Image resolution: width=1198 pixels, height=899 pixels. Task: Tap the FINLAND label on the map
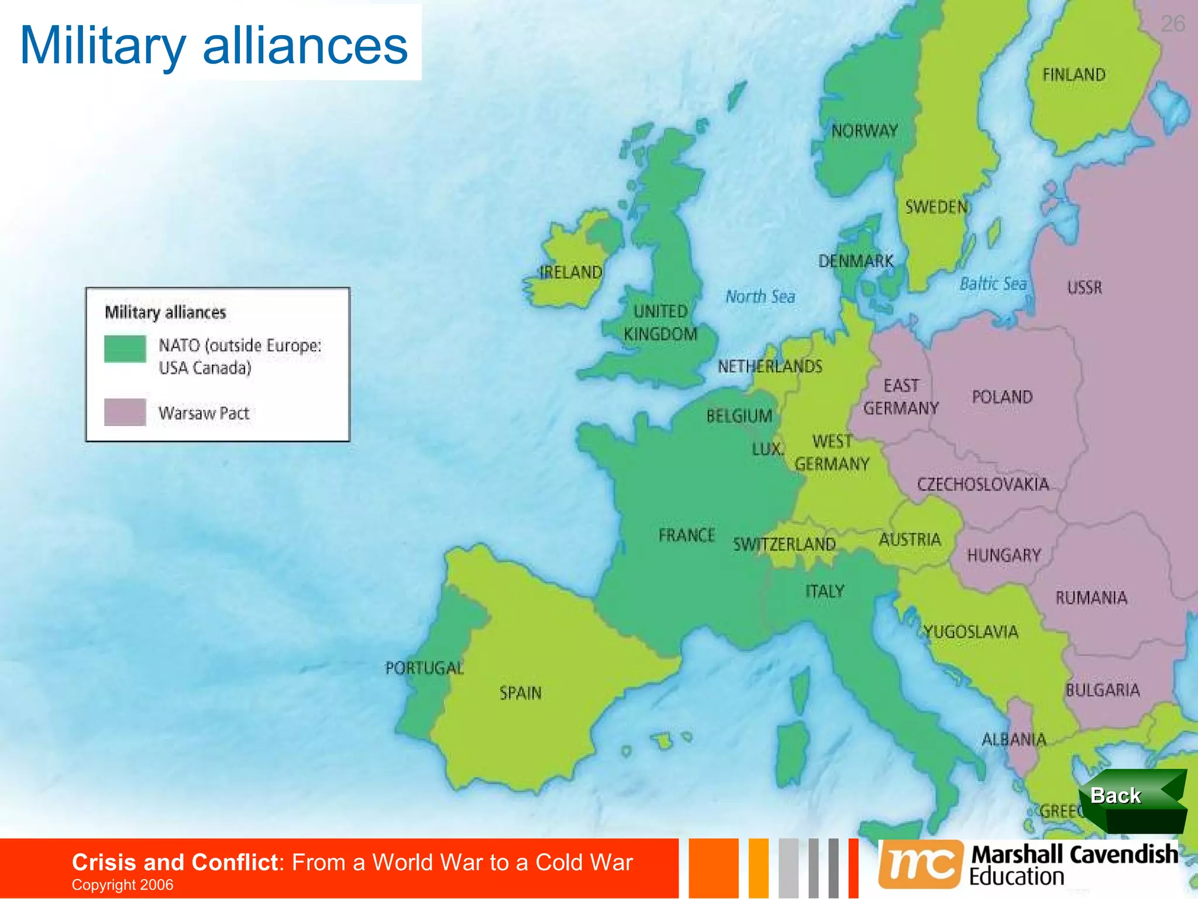pos(1074,75)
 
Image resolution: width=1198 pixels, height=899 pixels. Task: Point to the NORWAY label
pos(865,131)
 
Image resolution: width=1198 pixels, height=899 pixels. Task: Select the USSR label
pos(1085,288)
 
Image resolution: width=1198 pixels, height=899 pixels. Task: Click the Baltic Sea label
pos(993,284)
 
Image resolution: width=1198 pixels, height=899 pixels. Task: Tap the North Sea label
pos(760,297)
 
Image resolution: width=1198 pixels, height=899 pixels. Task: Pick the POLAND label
pos(1002,397)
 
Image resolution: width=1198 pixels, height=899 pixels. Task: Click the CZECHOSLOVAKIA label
pos(983,485)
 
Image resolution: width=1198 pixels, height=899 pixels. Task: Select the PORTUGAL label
pos(424,668)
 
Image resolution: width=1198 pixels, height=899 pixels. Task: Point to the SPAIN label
pos(520,694)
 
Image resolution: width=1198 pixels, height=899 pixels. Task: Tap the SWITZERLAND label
pos(784,544)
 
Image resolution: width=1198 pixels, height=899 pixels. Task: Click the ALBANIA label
pos(1014,740)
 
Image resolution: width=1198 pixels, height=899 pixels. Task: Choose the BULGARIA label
pos(1103,691)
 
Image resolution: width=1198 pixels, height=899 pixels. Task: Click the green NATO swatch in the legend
pos(125,349)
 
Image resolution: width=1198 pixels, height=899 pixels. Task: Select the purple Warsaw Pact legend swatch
pos(125,412)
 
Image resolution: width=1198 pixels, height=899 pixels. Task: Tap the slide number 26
pos(1173,24)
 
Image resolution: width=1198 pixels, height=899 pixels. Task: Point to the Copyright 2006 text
pos(122,885)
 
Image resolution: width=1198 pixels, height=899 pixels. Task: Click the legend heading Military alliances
pos(165,313)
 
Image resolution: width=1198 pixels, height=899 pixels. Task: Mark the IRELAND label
pos(570,272)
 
